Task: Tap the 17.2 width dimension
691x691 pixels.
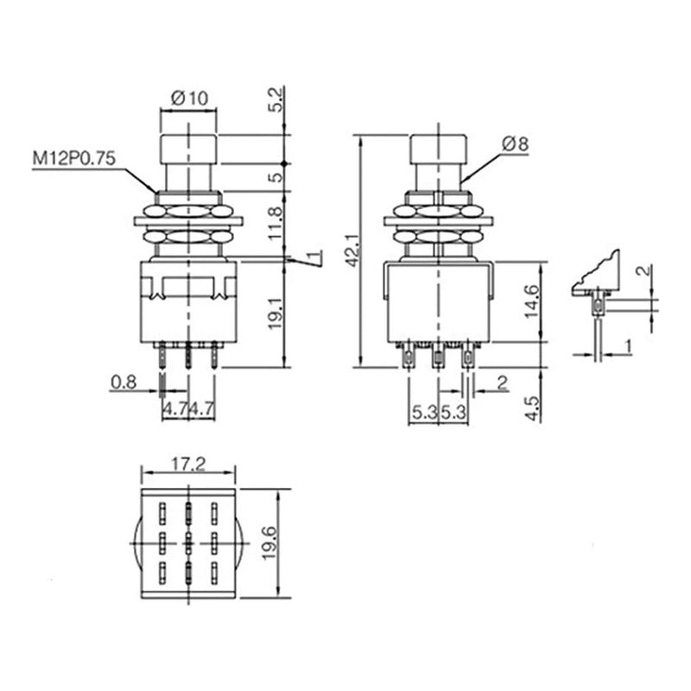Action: point(187,465)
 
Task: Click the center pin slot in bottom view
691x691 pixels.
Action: point(188,545)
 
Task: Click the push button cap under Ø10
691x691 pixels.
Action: point(188,149)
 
